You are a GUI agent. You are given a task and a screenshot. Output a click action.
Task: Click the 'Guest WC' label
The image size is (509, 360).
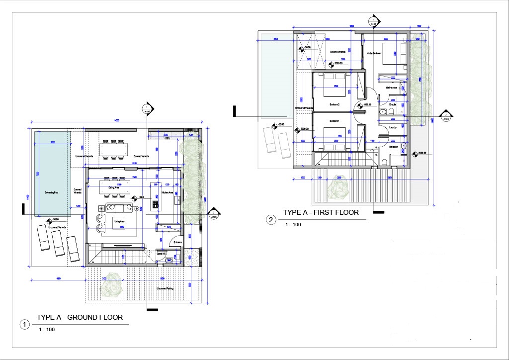pos(162,253)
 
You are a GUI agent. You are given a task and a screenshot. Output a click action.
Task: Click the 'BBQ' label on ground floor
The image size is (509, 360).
pos(167,139)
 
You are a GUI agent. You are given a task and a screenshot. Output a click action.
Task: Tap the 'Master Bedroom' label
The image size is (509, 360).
pos(374,53)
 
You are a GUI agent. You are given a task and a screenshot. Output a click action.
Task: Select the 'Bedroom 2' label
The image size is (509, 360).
pos(335,104)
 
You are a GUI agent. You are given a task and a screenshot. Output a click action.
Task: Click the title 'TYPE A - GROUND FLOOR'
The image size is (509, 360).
pos(80,317)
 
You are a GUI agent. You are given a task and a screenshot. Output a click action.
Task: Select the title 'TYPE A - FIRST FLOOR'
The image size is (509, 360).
pos(321,212)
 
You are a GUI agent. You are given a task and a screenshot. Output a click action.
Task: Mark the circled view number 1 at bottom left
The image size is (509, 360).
pos(24,325)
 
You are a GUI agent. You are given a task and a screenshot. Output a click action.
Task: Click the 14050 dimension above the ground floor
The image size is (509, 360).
pos(116,120)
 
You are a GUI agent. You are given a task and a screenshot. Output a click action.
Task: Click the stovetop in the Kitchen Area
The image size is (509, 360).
pos(155,204)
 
